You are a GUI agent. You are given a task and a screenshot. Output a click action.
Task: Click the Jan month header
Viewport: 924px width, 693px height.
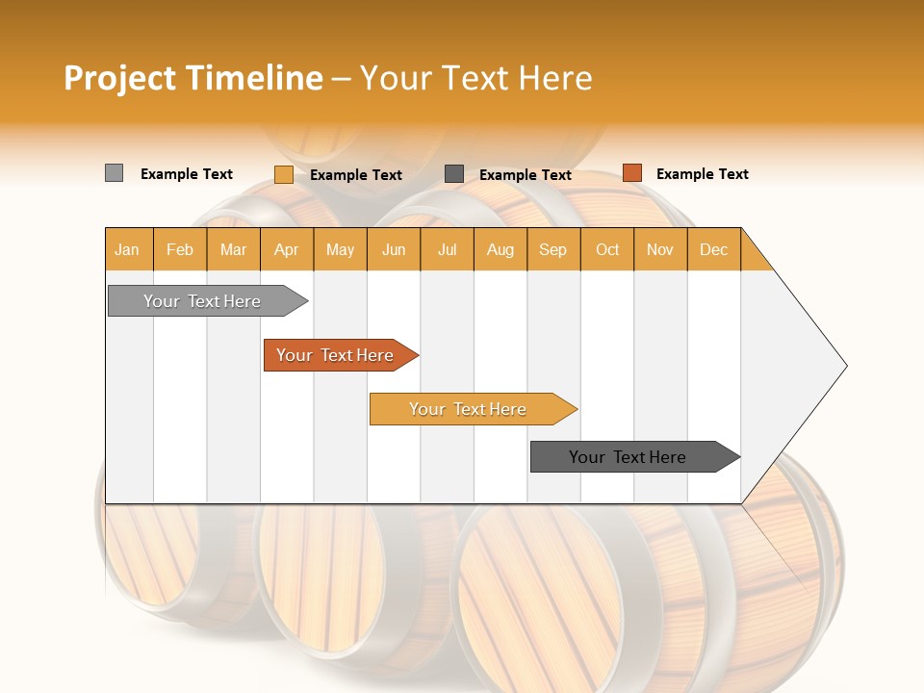click(127, 249)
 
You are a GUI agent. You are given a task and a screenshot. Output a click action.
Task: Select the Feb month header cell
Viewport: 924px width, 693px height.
click(180, 249)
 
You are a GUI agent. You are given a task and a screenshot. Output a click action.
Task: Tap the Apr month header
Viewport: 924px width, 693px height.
click(286, 249)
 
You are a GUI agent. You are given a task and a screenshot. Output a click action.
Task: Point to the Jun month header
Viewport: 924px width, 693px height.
click(394, 249)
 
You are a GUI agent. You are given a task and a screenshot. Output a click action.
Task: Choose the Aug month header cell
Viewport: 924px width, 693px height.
click(500, 249)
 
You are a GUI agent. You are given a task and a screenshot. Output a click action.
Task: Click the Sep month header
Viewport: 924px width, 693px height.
click(552, 249)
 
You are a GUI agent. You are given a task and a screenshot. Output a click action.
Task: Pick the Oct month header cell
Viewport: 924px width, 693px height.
click(607, 249)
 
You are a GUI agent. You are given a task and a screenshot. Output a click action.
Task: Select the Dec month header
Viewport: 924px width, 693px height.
click(713, 249)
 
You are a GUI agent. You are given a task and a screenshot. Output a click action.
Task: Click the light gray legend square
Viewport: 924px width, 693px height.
click(114, 173)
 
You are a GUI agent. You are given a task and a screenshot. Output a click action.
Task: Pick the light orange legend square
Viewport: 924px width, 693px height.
click(283, 174)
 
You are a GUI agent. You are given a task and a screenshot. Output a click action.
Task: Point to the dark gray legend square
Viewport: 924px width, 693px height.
click(454, 173)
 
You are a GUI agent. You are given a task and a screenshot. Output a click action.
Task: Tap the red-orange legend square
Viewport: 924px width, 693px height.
click(631, 173)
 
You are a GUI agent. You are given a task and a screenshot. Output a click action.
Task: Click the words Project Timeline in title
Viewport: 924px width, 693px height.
click(193, 78)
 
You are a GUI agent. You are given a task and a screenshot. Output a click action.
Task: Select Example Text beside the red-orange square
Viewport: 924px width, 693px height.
click(702, 174)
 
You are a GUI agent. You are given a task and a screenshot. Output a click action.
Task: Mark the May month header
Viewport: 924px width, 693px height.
click(340, 249)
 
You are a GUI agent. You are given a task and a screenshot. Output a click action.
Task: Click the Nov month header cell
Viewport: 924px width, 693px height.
click(659, 249)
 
